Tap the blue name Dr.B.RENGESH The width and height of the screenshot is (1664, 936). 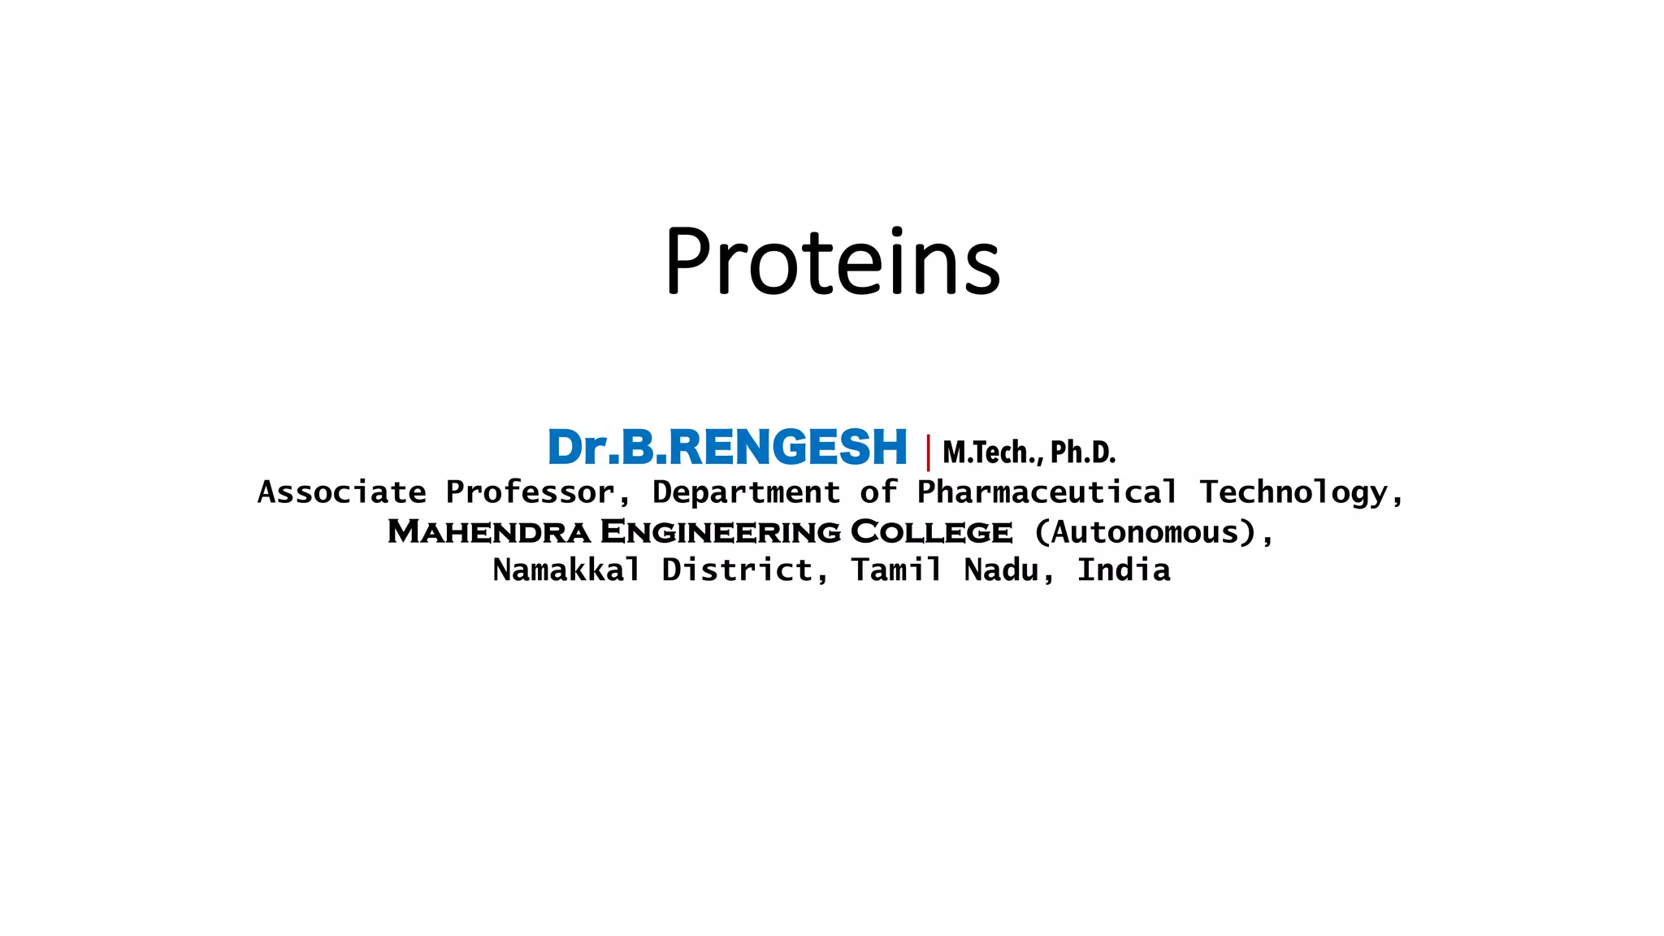(x=727, y=448)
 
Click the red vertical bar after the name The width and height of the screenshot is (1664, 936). (x=928, y=453)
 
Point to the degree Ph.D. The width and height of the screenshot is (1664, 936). (x=1083, y=453)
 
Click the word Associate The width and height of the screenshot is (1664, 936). (x=341, y=492)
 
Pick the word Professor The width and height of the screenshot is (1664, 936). (x=530, y=492)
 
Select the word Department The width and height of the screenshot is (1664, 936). (x=746, y=492)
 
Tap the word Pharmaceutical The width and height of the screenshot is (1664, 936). (x=1046, y=492)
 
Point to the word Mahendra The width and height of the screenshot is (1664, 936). (x=488, y=532)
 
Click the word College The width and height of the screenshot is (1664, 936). (x=931, y=532)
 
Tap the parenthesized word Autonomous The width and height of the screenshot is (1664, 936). (x=1146, y=532)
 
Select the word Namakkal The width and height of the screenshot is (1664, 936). (x=566, y=570)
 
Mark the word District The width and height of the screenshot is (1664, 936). (x=737, y=570)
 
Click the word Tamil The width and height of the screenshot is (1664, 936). (x=896, y=570)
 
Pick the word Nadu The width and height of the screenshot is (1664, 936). (x=1001, y=570)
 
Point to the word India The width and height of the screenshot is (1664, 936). (x=1124, y=570)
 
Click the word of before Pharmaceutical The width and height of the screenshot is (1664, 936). (x=878, y=492)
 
